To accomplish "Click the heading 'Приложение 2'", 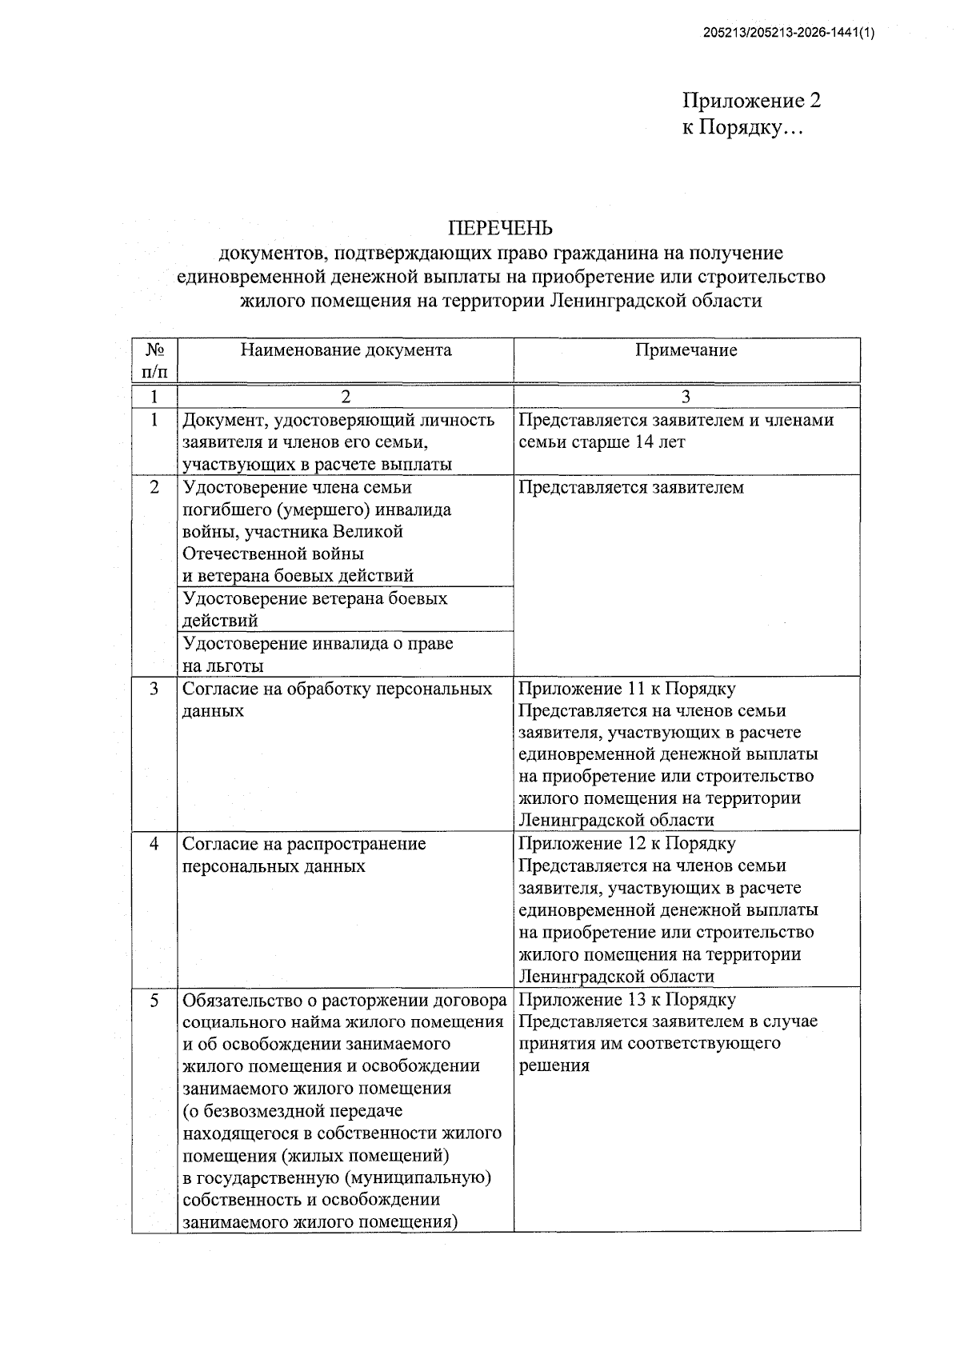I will click(751, 101).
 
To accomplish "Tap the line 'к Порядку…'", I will click(740, 127).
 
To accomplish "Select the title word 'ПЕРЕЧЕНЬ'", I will click(500, 229).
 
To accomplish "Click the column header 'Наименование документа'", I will click(346, 350).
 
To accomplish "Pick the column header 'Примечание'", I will click(686, 350).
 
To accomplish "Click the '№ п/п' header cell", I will click(155, 360).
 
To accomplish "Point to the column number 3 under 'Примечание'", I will click(686, 397).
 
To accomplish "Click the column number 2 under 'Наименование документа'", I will click(346, 397).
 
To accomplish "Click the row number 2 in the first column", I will click(154, 487).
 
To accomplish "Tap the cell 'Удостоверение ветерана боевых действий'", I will click(315, 610).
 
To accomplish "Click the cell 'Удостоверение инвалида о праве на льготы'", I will click(318, 654).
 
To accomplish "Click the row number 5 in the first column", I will click(154, 1000).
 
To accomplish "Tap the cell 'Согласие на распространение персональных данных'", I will click(304, 855).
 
